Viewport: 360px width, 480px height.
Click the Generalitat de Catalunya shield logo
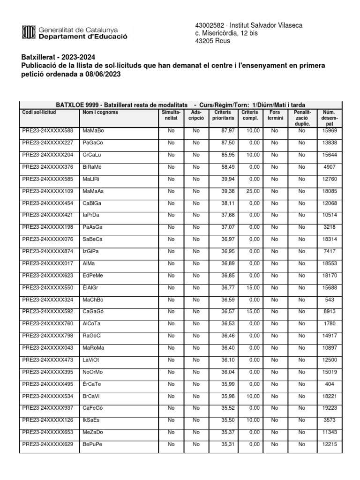pyautogui.click(x=28, y=32)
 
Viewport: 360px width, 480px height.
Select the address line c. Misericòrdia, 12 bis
pyautogui.click(x=227, y=33)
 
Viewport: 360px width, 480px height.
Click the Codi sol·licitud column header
pyautogui.click(x=39, y=112)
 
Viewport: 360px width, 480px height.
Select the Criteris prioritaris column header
pyautogui.click(x=224, y=115)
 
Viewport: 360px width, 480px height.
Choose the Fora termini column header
pyautogui.click(x=275, y=115)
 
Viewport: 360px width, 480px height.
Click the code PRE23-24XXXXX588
pyautogui.click(x=48, y=130)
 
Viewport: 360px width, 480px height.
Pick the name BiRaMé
pyautogui.click(x=92, y=166)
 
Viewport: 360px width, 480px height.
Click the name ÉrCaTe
pyautogui.click(x=92, y=384)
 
